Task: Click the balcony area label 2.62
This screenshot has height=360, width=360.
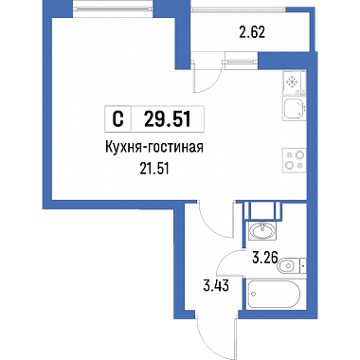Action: point(252,32)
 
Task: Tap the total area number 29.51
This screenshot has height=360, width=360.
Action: point(168,119)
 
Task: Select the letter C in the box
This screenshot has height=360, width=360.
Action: point(117,119)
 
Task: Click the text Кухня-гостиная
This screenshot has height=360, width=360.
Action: point(153,148)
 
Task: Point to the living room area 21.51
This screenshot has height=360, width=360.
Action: point(154,170)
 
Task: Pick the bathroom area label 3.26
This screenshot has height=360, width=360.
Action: point(264,258)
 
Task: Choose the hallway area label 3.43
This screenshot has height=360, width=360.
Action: point(215,287)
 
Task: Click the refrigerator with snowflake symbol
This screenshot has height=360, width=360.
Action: point(295,82)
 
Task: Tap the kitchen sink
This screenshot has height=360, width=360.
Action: point(295,109)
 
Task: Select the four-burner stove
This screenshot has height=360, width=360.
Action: point(295,160)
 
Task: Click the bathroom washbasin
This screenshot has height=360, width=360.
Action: point(262,230)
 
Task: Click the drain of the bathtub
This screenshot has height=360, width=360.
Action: point(253,295)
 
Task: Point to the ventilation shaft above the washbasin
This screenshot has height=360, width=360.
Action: point(262,210)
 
